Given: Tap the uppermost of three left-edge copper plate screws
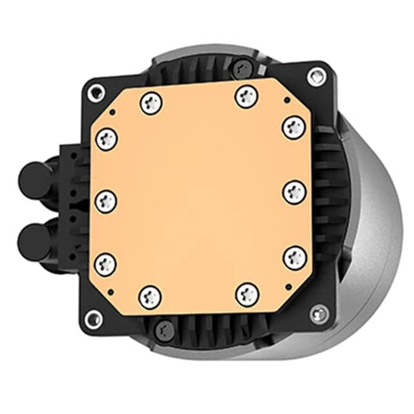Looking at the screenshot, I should [107, 138].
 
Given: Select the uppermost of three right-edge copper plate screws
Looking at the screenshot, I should [294, 127].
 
